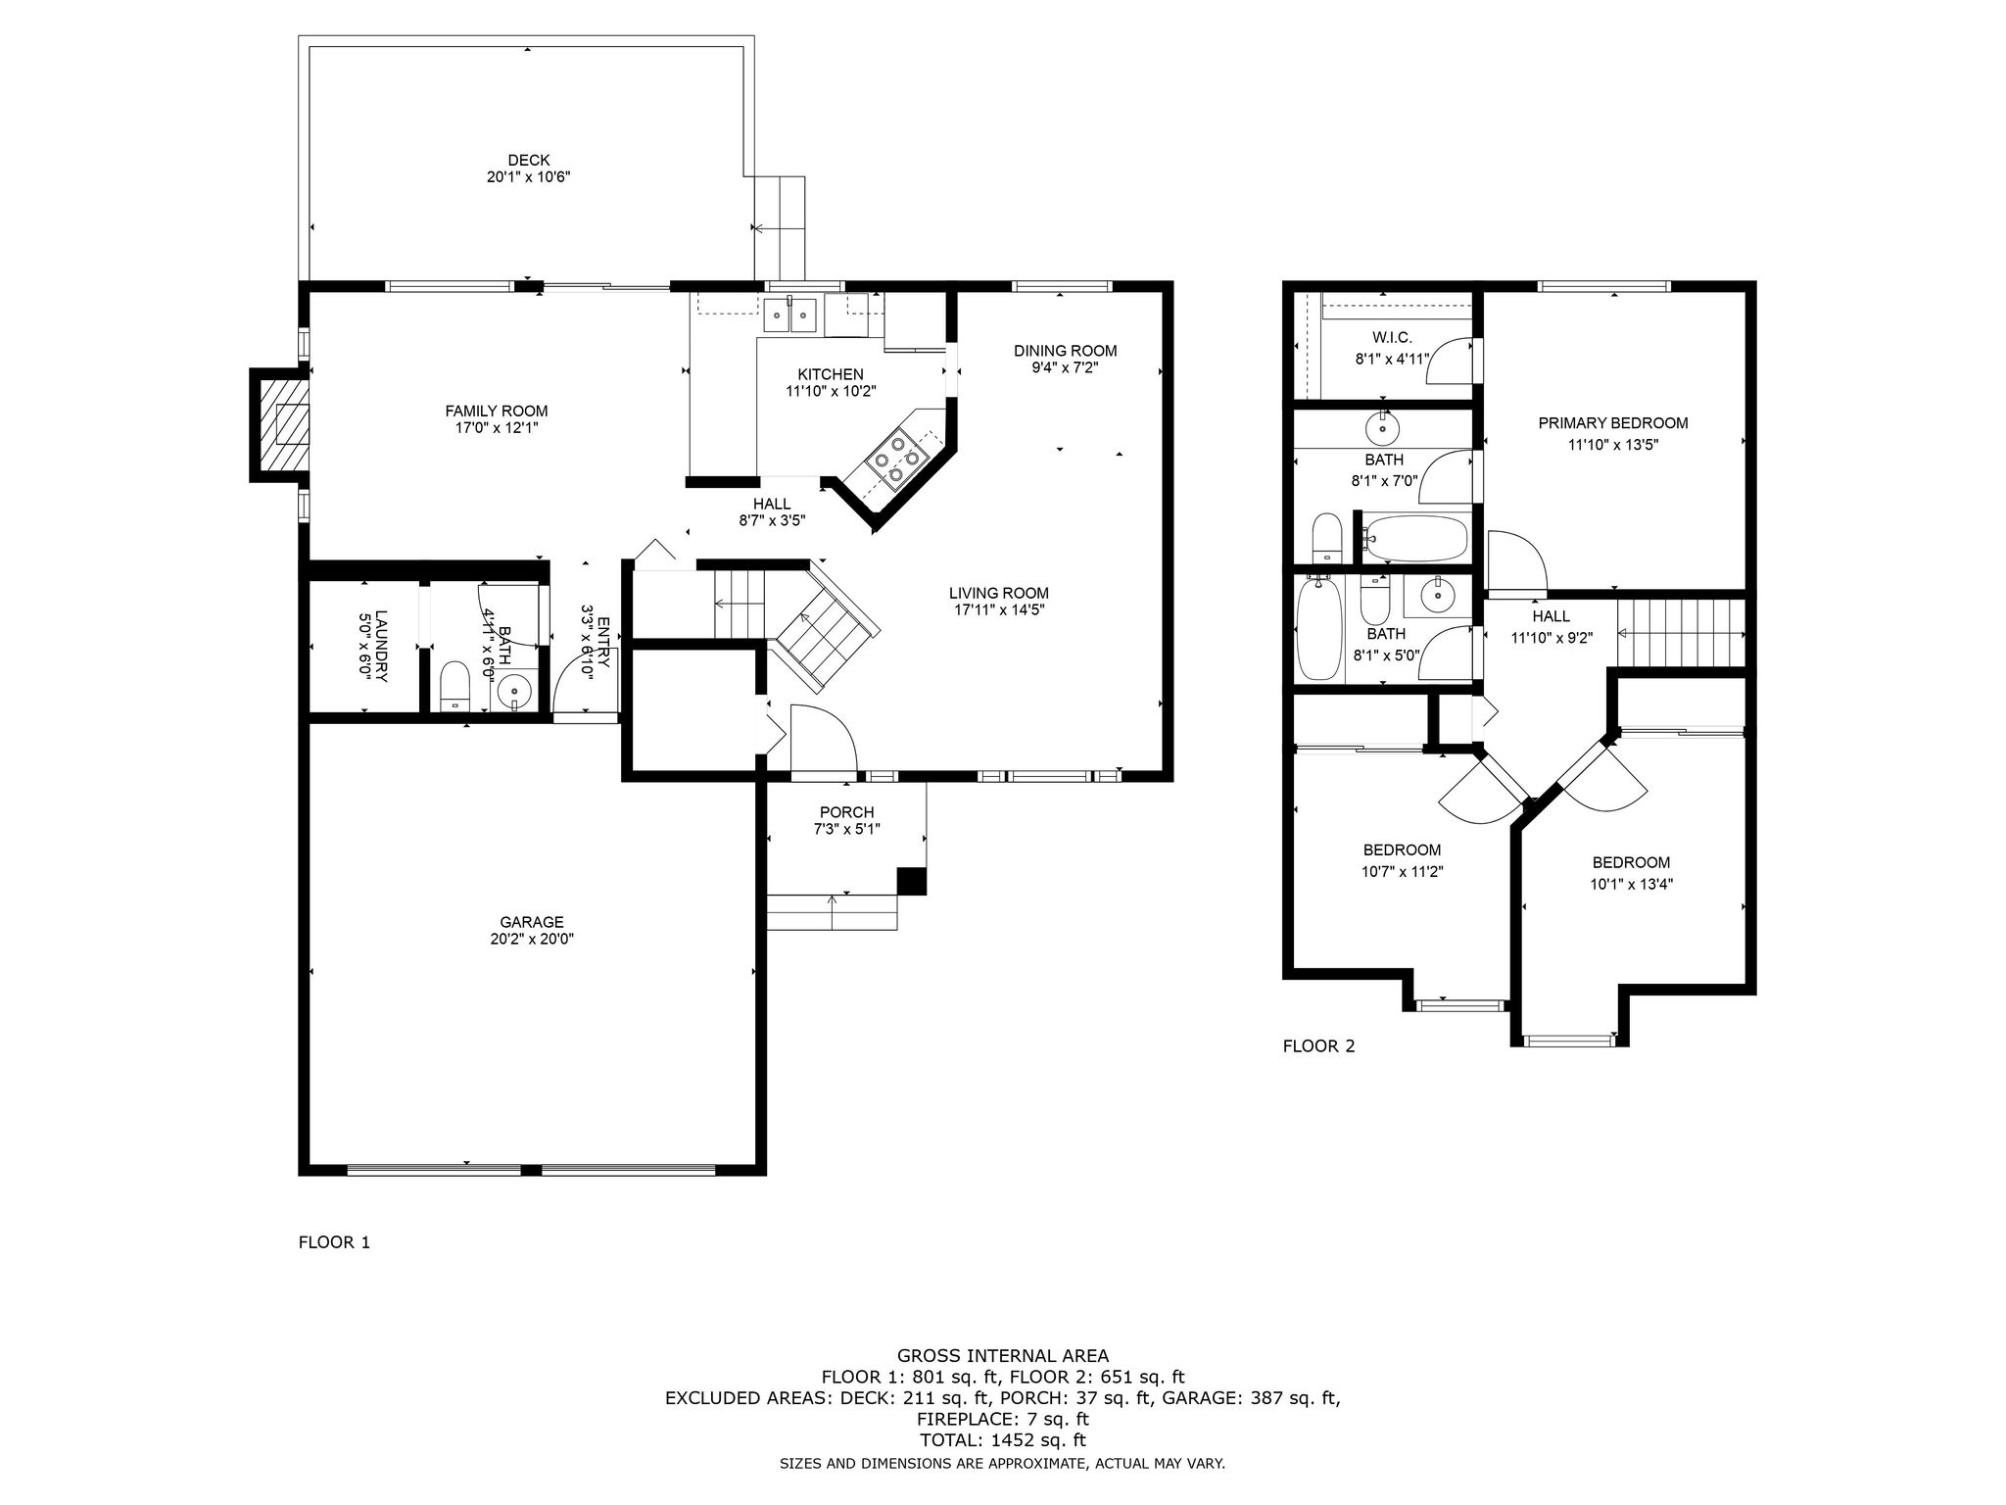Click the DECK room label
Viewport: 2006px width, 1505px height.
528,160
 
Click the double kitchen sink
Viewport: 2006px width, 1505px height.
789,316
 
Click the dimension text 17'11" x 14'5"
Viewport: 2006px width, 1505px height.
998,609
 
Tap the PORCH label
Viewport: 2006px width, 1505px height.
846,812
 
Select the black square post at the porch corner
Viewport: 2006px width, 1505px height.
912,881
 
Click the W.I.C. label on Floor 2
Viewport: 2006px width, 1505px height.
1392,338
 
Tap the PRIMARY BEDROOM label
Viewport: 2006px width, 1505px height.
1613,423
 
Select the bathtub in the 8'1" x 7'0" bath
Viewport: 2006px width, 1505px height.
1416,538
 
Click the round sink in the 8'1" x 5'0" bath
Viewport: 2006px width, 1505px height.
1438,596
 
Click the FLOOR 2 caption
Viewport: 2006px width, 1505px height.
1319,1046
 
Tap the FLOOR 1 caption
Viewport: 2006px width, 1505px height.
334,1242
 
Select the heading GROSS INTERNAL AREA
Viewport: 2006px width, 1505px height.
1003,1356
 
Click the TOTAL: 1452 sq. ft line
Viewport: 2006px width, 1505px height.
1003,1440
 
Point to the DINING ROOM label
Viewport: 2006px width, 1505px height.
1065,351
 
